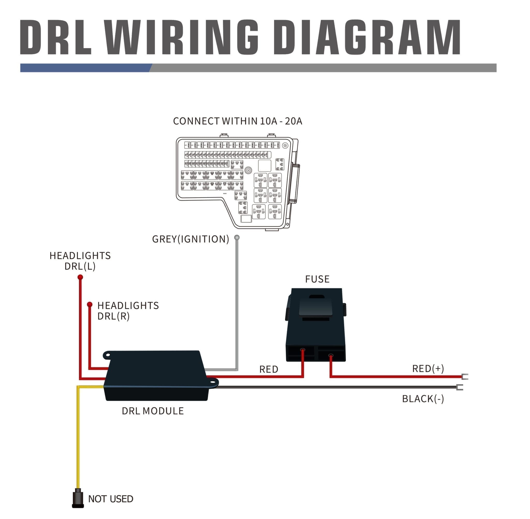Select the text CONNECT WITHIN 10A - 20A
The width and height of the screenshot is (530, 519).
click(x=237, y=121)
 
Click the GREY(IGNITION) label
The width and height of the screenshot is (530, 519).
click(x=190, y=239)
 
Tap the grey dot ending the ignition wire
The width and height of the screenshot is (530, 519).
click(x=237, y=238)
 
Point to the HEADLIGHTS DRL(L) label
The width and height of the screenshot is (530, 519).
click(x=80, y=261)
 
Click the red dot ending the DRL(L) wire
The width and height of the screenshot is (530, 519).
click(x=80, y=277)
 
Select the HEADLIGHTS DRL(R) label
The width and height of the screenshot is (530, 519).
click(x=128, y=311)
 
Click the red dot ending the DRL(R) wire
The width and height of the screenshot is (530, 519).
click(x=90, y=304)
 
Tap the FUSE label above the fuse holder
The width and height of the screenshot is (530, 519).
click(x=317, y=279)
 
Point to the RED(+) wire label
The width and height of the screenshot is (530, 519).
click(x=428, y=369)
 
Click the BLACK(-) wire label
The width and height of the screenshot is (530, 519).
click(x=423, y=399)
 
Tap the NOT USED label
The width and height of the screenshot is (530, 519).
click(x=111, y=499)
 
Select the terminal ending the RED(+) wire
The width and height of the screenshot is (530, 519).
click(x=465, y=377)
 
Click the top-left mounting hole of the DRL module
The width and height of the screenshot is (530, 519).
click(x=108, y=355)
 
